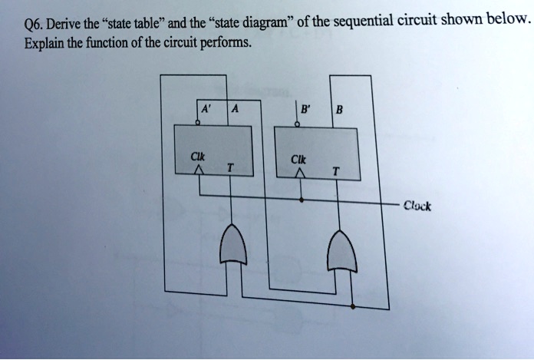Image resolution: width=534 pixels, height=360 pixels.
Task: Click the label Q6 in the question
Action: [x=34, y=23]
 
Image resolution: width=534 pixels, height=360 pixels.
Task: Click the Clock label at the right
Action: [x=418, y=206]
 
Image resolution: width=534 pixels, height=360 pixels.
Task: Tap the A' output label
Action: [x=205, y=109]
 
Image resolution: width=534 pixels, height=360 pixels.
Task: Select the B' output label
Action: [x=305, y=109]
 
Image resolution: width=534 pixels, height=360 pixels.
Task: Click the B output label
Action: [x=339, y=109]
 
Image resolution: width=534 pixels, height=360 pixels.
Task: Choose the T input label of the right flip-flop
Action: [x=335, y=171]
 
